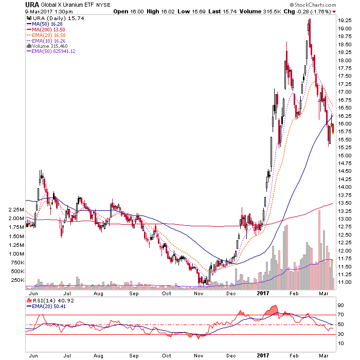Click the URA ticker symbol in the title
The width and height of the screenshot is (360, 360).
(32, 5)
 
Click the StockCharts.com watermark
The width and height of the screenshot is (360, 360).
(313, 5)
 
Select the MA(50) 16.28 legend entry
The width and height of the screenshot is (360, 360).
(45, 24)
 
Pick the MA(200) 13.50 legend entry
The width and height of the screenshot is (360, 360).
(46, 30)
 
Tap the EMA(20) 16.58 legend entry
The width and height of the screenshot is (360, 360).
(46, 35)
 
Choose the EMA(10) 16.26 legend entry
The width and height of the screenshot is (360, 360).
(46, 41)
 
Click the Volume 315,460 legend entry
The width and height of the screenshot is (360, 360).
(47, 46)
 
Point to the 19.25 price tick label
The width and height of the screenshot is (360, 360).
(345, 21)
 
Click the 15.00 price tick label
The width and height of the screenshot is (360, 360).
(345, 156)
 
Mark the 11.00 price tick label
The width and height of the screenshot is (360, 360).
(345, 282)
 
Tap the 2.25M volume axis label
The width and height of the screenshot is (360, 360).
(16, 210)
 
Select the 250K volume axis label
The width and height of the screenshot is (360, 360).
(17, 280)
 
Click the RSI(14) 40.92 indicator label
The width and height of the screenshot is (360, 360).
(50, 300)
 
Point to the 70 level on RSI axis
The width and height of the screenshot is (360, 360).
(340, 315)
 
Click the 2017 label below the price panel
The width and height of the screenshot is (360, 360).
(263, 293)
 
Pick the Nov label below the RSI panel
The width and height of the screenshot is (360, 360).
(199, 356)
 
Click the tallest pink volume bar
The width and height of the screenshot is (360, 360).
(319, 250)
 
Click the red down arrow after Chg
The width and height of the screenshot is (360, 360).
(334, 12)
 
